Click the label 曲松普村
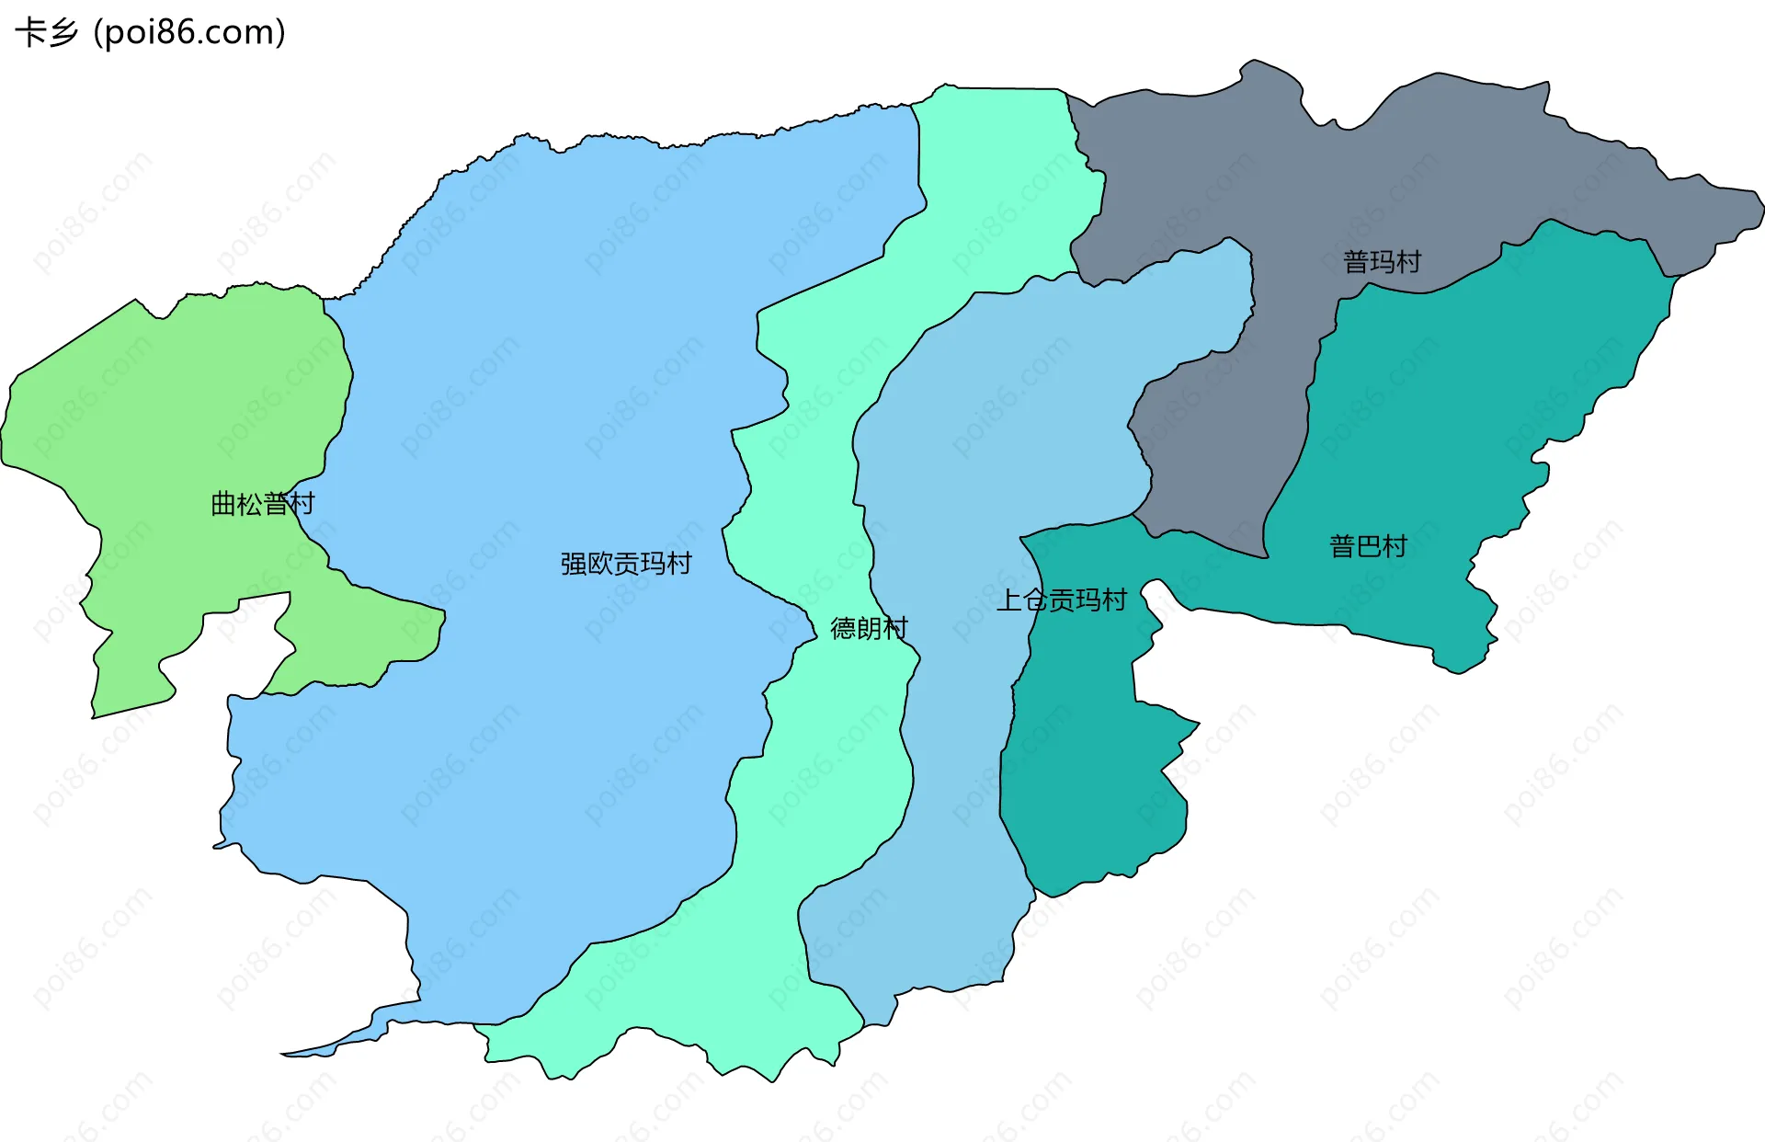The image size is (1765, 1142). (x=263, y=504)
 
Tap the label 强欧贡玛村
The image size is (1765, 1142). (x=626, y=564)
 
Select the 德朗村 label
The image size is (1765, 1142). (x=869, y=628)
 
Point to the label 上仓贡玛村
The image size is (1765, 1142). (x=1062, y=600)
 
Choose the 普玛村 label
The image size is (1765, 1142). (x=1382, y=262)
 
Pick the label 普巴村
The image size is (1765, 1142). (x=1368, y=547)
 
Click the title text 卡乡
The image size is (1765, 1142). (x=46, y=33)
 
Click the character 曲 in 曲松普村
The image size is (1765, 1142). (x=223, y=504)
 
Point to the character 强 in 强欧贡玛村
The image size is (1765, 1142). (x=574, y=564)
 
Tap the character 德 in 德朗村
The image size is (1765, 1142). (x=843, y=628)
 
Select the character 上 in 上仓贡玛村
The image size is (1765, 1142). (x=1009, y=600)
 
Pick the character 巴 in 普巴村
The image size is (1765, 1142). (x=1368, y=547)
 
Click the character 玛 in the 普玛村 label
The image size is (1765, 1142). (x=1382, y=262)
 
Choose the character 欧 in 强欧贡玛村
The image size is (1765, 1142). (x=599, y=564)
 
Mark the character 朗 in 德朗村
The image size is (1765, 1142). (x=869, y=628)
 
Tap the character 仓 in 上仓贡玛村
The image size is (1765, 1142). (x=1035, y=600)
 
